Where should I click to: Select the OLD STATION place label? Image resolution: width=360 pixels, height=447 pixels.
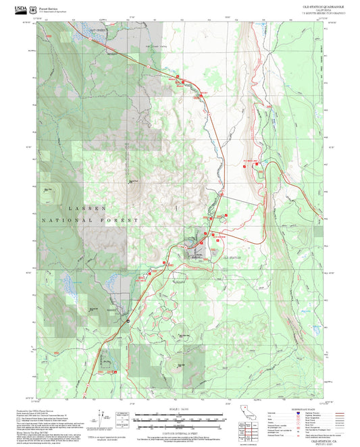point(232,257)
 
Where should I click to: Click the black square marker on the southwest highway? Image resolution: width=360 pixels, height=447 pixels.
point(127,321)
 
